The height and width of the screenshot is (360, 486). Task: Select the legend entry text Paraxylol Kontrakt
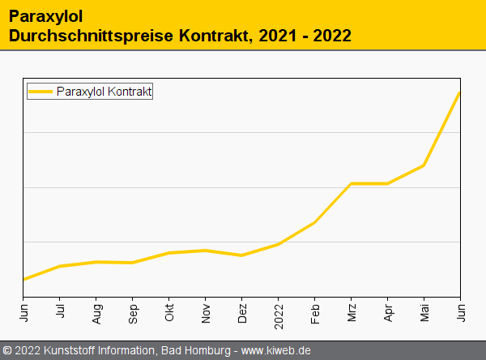point(104,92)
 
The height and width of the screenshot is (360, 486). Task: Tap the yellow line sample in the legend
point(40,92)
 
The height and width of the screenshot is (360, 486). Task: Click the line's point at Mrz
point(352,183)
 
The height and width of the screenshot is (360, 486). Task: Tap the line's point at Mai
point(424,165)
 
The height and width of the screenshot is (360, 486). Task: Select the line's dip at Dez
point(242,255)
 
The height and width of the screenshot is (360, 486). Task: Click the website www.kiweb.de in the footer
point(276,351)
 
